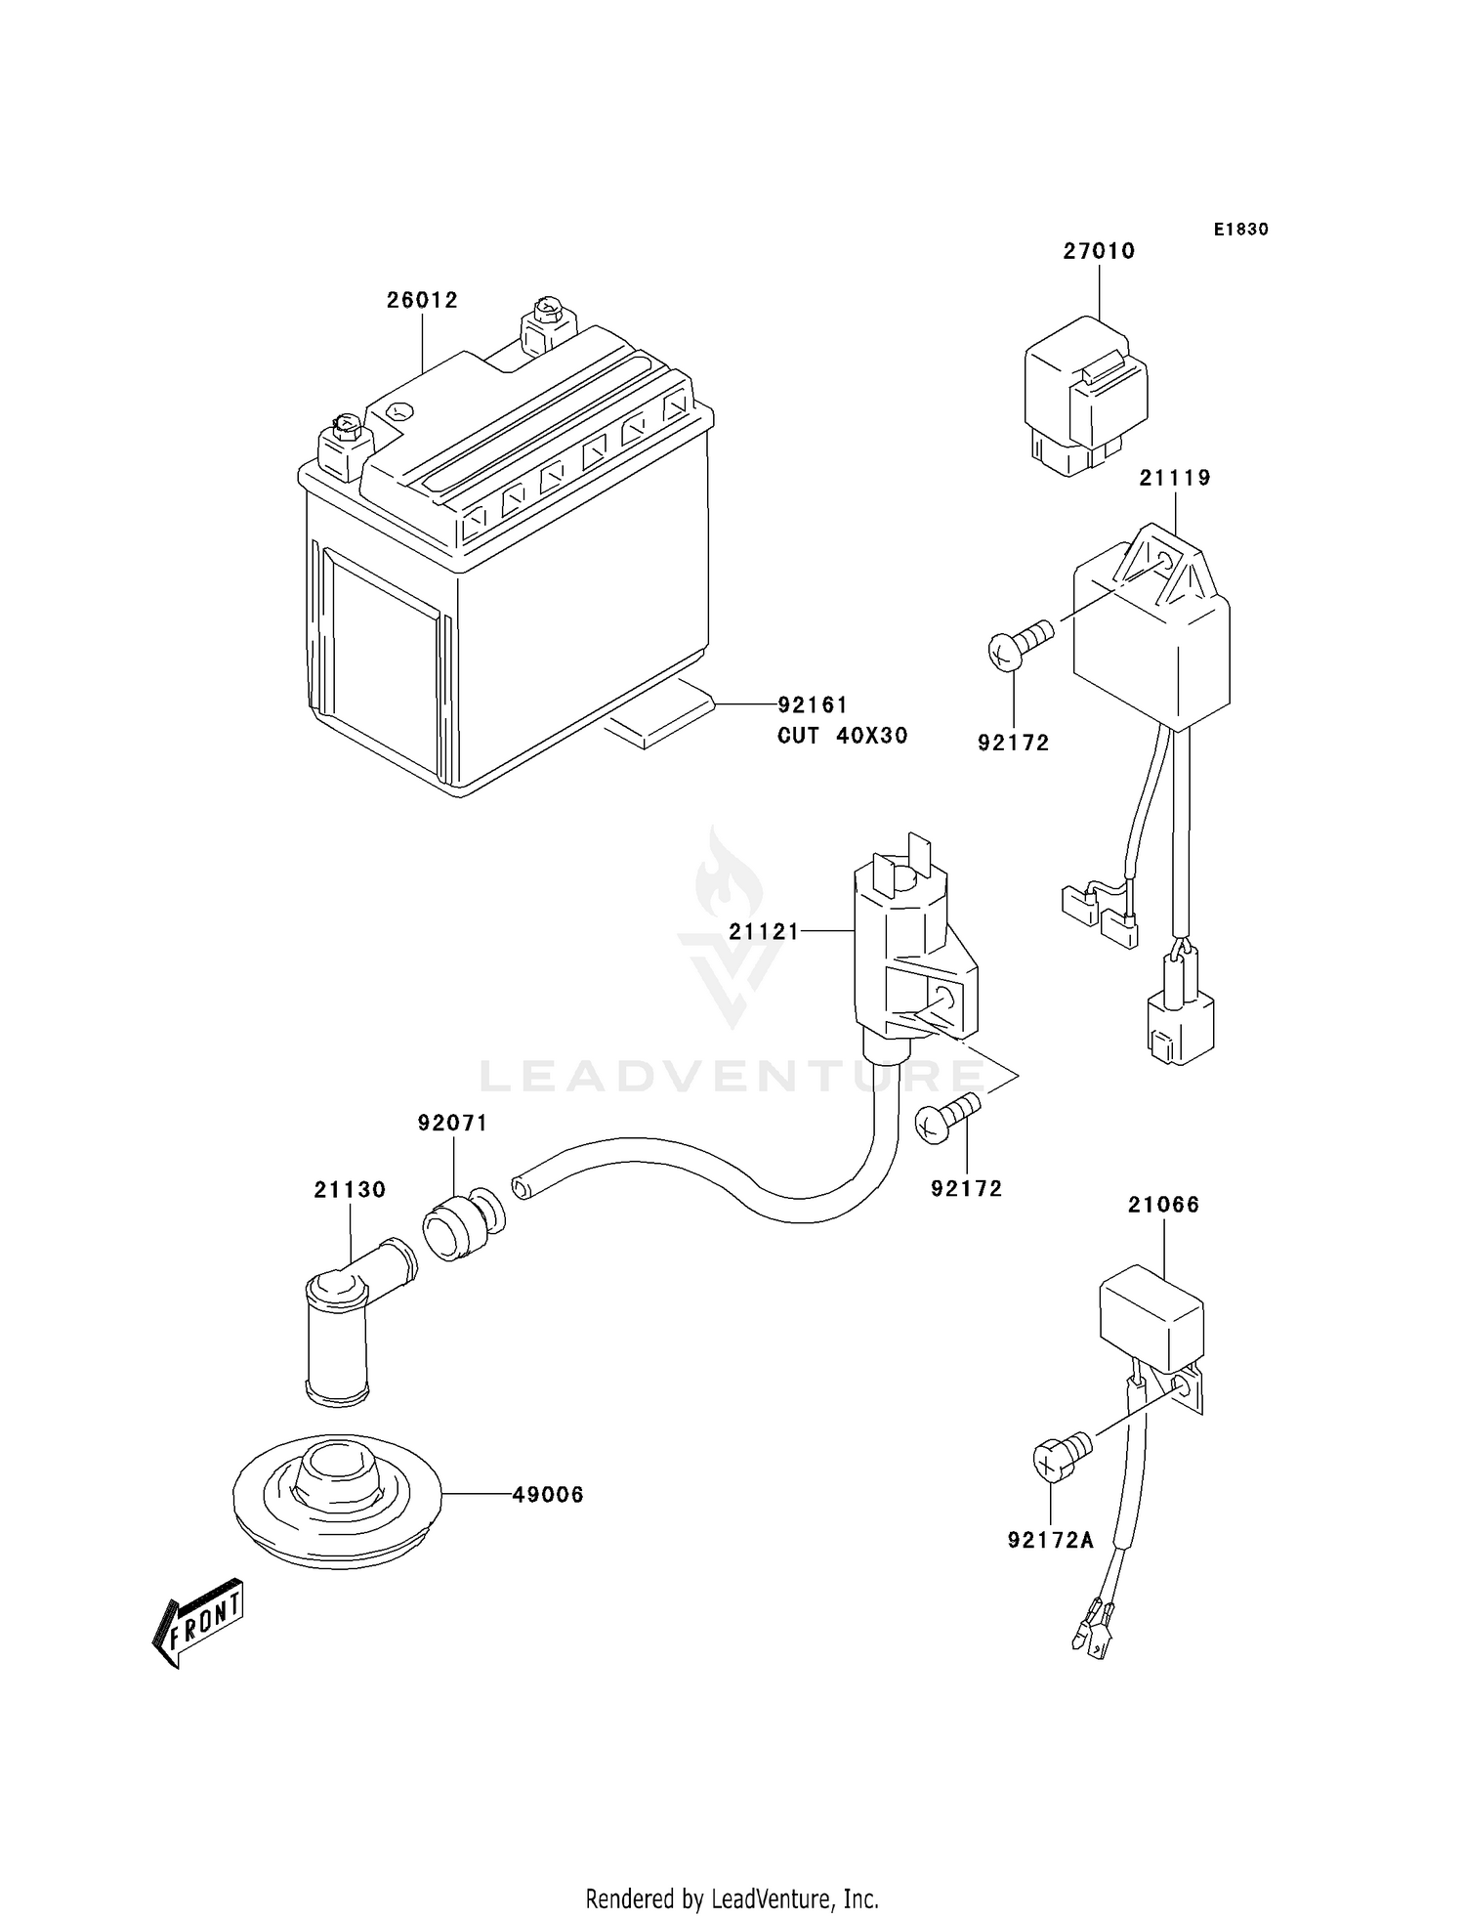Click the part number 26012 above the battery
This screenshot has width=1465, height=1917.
[422, 301]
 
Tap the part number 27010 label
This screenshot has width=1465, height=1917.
[1099, 251]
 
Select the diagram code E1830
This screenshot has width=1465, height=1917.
[1240, 230]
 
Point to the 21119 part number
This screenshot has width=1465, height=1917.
[1175, 478]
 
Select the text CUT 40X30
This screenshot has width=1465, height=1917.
[842, 736]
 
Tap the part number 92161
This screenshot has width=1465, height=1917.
[813, 704]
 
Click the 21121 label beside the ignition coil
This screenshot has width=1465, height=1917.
[764, 932]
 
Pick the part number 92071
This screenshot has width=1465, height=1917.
[452, 1124]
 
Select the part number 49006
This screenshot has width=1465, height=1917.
[548, 1494]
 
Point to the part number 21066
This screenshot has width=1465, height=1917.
[1163, 1205]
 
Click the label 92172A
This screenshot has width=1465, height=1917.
[1051, 1541]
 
